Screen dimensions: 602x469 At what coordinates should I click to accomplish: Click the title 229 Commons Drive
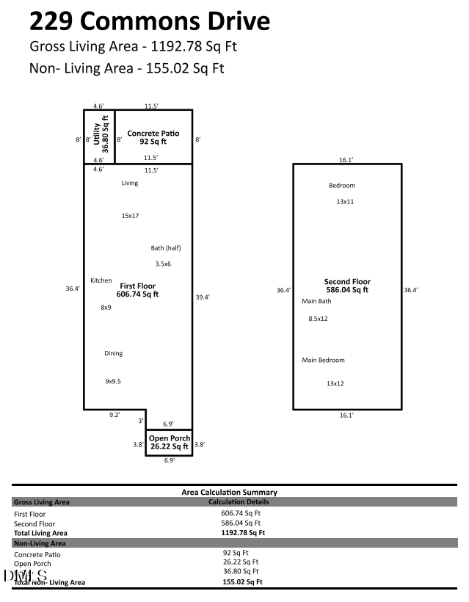click(x=149, y=21)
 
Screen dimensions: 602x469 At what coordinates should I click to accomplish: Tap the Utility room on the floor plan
click(x=99, y=137)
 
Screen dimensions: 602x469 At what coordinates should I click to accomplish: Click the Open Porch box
click(x=170, y=442)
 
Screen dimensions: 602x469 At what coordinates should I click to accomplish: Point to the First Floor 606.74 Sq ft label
click(x=139, y=289)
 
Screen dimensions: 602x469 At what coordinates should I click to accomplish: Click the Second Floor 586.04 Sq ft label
click(x=347, y=286)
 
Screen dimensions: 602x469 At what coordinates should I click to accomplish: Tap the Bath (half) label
click(x=166, y=248)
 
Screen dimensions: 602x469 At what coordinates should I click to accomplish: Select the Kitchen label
click(x=101, y=280)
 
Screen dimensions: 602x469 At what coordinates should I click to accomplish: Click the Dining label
click(x=113, y=353)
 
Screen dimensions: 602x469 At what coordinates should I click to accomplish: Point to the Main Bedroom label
click(x=323, y=360)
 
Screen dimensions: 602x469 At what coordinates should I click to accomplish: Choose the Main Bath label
click(x=316, y=301)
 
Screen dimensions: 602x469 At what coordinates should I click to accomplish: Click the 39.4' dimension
click(x=203, y=297)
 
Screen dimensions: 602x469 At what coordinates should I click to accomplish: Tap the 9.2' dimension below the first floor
click(x=115, y=415)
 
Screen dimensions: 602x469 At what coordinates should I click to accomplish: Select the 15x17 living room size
click(x=130, y=216)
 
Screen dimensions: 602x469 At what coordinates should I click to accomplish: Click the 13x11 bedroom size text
click(x=345, y=201)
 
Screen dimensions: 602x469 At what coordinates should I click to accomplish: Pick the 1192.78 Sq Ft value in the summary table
click(x=242, y=532)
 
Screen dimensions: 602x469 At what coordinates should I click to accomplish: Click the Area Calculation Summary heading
click(x=229, y=492)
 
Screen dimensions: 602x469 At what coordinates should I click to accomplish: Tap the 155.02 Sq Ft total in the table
click(x=242, y=581)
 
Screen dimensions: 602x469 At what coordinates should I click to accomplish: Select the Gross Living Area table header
click(x=42, y=502)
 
